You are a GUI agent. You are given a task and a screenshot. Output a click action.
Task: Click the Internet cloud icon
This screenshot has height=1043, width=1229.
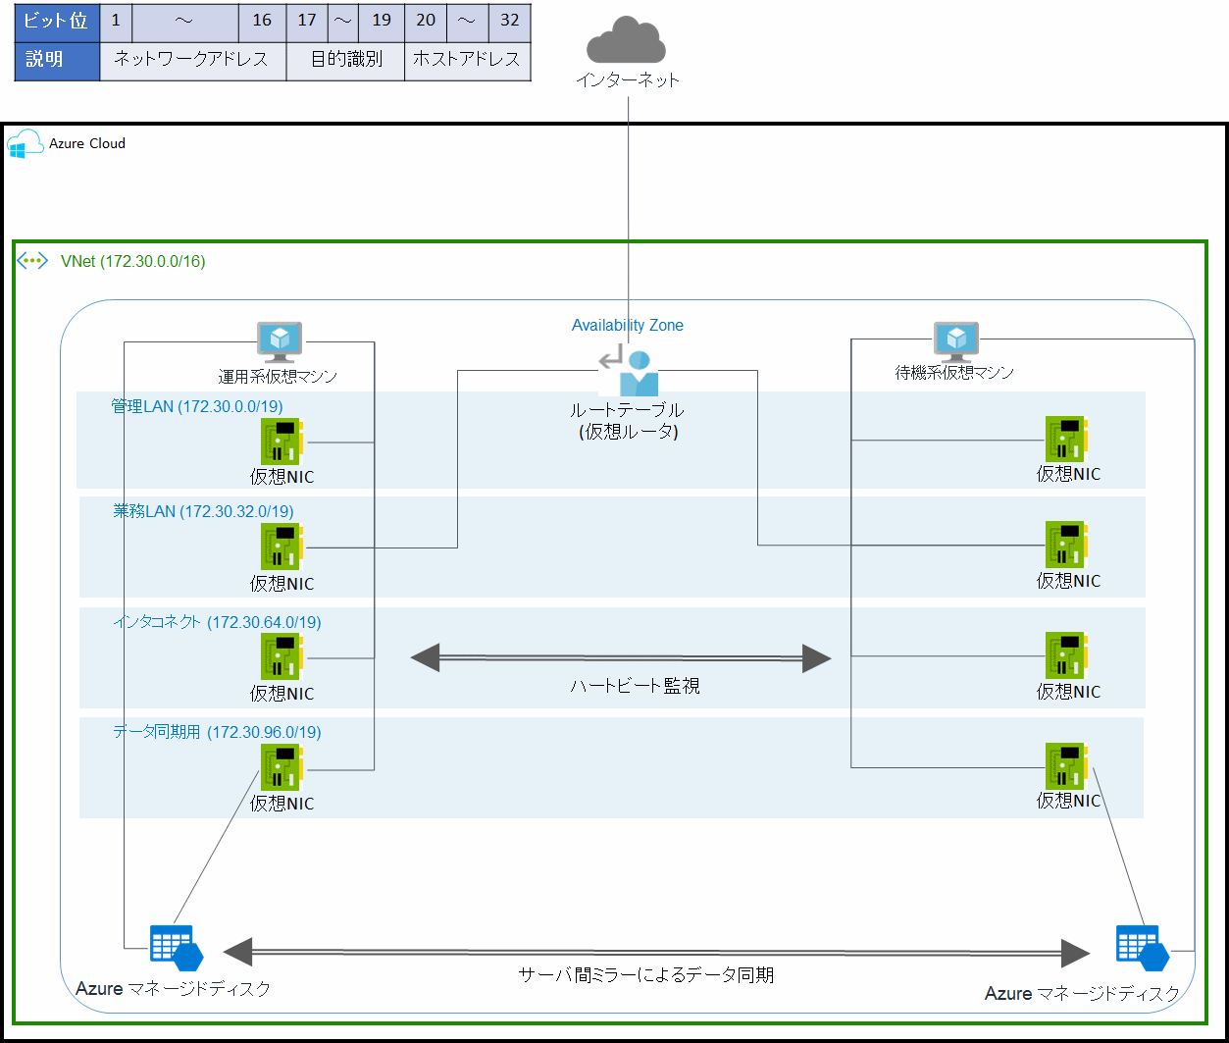pos(626,40)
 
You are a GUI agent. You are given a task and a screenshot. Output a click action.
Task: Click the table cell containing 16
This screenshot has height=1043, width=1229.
pos(262,21)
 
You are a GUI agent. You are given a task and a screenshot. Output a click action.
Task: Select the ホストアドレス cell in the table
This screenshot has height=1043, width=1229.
pos(467,59)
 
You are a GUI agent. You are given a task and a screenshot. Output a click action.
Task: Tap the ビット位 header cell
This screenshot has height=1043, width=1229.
pos(57,21)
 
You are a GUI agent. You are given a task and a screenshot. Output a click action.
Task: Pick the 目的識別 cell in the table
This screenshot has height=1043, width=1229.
pos(345,59)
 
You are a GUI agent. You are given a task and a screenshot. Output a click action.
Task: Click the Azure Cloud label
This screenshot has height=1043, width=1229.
pos(87,143)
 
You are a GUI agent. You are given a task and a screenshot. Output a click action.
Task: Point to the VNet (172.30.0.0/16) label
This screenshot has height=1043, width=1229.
pos(132,261)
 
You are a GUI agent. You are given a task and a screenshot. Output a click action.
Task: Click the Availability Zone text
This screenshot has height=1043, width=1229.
pos(628,325)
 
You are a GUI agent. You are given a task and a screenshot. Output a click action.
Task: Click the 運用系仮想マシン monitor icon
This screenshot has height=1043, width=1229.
pos(280,340)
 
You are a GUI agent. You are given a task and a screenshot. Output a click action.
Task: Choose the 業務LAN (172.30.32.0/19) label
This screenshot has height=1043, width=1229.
pos(202,511)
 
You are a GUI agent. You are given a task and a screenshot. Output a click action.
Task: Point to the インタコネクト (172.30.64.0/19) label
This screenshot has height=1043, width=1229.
pos(217,622)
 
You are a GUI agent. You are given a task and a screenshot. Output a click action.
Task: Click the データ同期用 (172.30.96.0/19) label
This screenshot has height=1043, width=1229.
pos(217,732)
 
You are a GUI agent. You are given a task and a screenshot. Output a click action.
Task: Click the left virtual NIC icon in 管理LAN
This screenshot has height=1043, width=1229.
pos(282,442)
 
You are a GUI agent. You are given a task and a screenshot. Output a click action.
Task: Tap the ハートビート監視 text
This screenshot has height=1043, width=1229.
pos(636,686)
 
